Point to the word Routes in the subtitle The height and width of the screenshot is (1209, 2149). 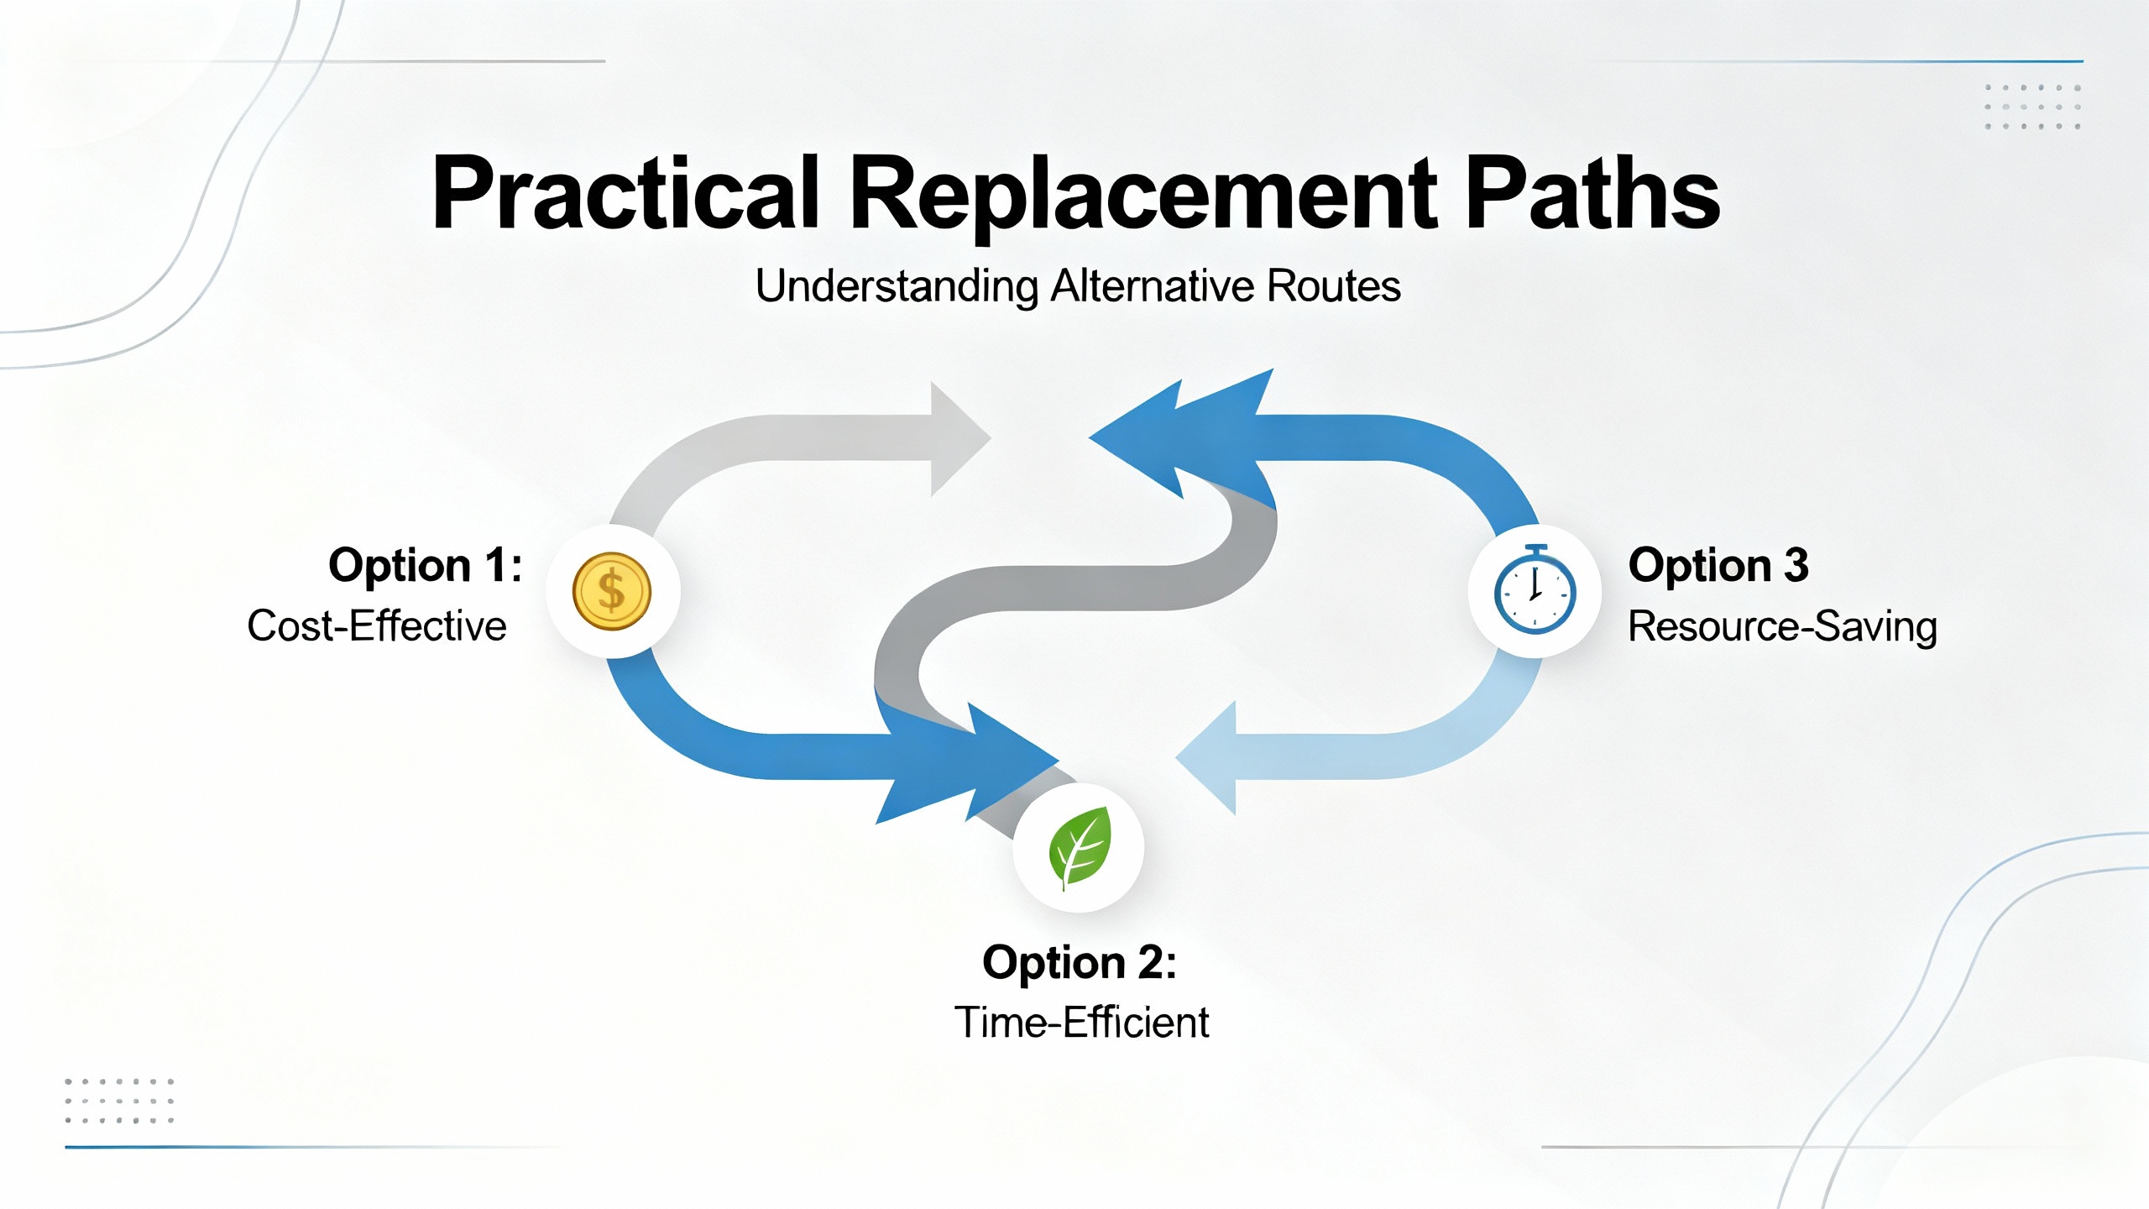pos(1333,286)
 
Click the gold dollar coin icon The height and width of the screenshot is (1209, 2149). pos(612,591)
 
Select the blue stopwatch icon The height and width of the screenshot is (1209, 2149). pos(1535,591)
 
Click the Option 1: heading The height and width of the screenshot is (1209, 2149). pos(425,565)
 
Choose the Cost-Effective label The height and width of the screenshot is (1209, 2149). pos(377,626)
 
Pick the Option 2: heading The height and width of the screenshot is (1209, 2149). pos(1080,962)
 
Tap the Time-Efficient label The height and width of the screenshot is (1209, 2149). pos(1081,1023)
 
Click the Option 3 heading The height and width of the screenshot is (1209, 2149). pos(1718,565)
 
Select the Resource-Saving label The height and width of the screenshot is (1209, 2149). pos(1782,626)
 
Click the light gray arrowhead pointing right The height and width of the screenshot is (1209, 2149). pos(957,438)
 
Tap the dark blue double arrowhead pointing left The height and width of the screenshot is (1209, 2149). pos(1175,437)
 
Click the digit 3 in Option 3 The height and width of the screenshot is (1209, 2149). pos(1796,565)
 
